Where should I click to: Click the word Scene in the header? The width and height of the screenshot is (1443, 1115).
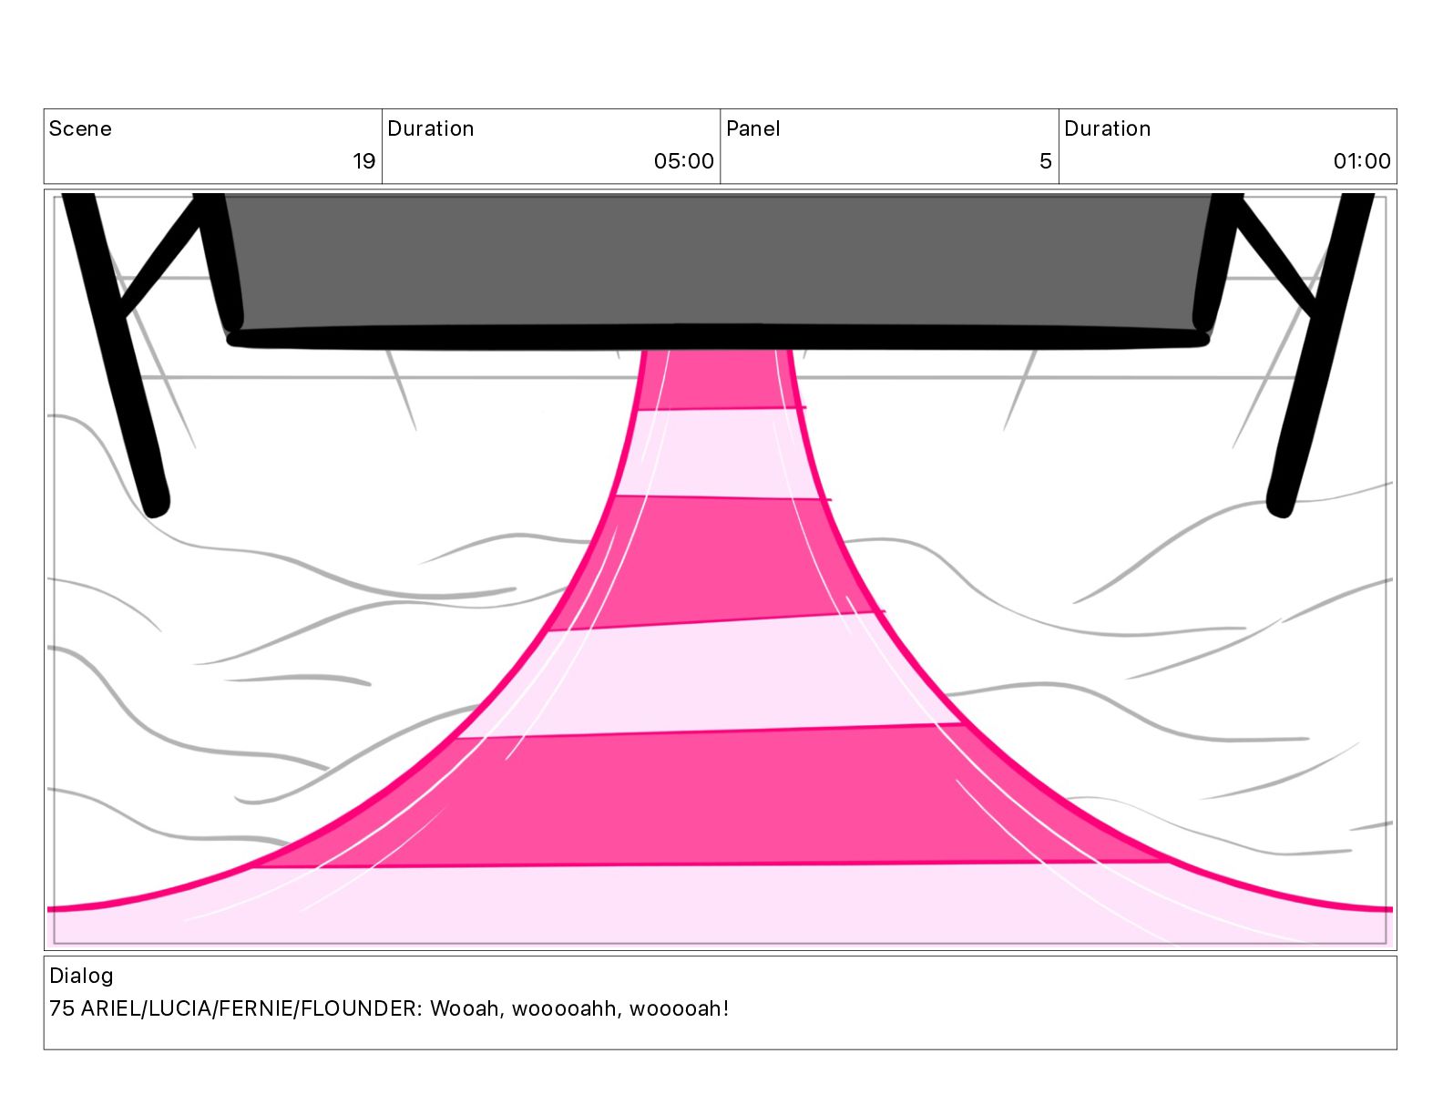(80, 128)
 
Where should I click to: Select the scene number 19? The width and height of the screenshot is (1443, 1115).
(363, 161)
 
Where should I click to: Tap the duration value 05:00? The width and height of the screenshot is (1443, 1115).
(683, 161)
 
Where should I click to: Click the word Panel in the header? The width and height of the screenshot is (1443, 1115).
(752, 128)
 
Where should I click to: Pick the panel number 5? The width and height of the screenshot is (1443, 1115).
(1045, 161)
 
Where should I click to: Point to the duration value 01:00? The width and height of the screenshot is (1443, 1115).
(1361, 161)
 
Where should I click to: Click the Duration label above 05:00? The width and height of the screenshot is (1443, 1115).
(430, 128)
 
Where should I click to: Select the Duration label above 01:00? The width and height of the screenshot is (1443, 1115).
(1107, 128)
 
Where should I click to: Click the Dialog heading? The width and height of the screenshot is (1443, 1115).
(81, 976)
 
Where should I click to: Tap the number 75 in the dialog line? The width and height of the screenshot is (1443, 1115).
(61, 1008)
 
